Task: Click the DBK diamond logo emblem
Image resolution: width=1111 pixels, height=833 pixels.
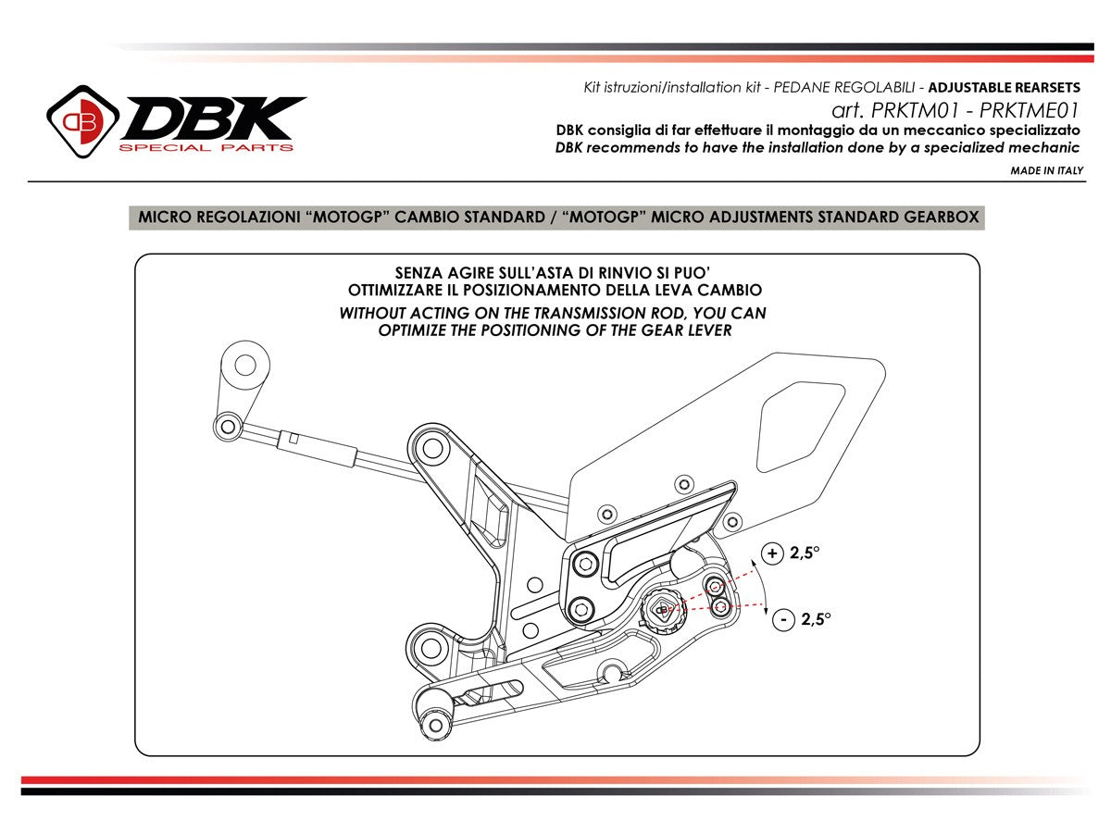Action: click(x=82, y=120)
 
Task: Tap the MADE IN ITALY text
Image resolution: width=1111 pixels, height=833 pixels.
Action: click(x=1046, y=170)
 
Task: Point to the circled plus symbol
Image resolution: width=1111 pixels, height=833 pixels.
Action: click(x=771, y=553)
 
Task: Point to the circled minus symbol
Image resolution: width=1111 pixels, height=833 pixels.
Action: click(x=783, y=619)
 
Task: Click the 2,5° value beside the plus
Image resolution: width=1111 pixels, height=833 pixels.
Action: click(x=805, y=553)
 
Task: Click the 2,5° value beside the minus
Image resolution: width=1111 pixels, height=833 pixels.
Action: click(x=816, y=619)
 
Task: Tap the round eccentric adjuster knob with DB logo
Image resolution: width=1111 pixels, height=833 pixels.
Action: click(x=663, y=609)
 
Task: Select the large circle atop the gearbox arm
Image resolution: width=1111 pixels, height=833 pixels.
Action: click(x=245, y=364)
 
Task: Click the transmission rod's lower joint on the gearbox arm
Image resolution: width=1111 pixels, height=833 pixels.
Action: click(x=228, y=426)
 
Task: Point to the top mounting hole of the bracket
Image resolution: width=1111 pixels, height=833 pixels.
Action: click(x=431, y=449)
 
